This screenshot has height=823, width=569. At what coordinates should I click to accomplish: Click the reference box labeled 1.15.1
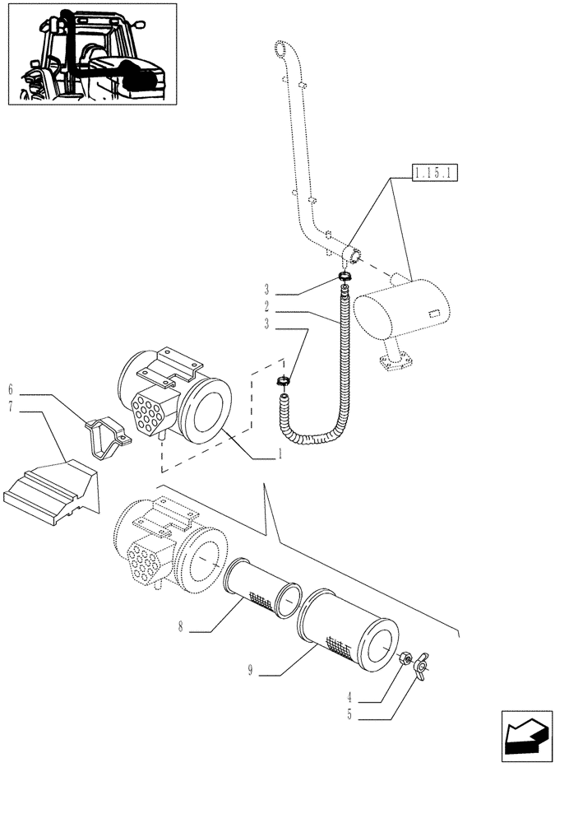click(x=436, y=174)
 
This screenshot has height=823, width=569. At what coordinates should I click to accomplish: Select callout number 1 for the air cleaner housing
click(x=279, y=454)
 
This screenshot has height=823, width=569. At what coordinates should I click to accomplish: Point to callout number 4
click(x=350, y=701)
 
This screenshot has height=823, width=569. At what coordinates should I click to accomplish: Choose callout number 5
click(x=350, y=716)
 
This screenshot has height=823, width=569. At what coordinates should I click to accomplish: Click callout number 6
click(x=12, y=387)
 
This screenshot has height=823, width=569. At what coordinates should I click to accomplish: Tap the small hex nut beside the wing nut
click(x=405, y=658)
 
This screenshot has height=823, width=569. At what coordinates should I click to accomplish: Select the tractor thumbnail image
click(x=92, y=54)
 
